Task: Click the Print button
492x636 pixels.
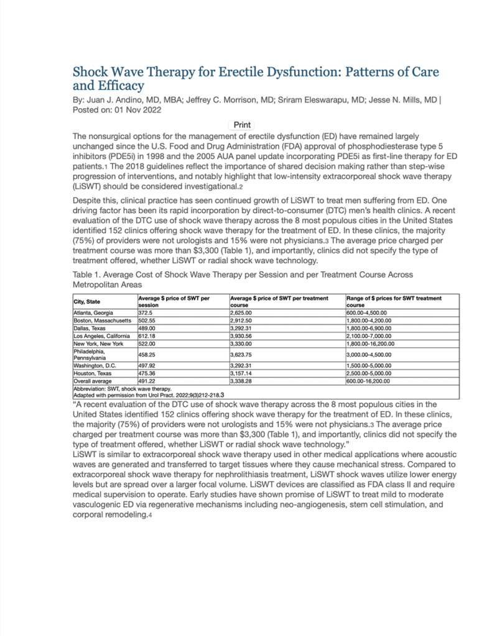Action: pyautogui.click(x=242, y=125)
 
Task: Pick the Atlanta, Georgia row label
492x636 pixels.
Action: pyautogui.click(x=93, y=313)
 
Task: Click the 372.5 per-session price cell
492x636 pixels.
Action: pyautogui.click(x=146, y=313)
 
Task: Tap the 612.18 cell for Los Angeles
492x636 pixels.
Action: pyautogui.click(x=147, y=335)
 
